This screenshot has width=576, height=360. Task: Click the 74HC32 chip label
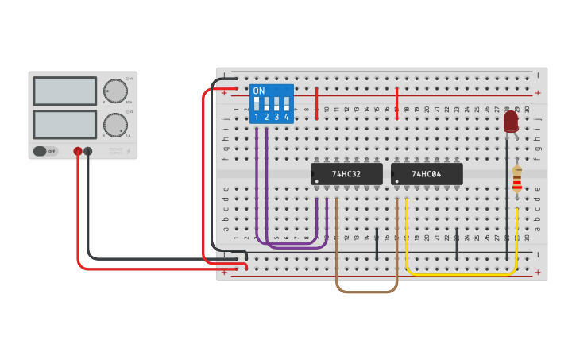coord(346,174)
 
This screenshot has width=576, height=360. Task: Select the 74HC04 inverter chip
coord(427,174)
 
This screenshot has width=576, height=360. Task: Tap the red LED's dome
coord(511,121)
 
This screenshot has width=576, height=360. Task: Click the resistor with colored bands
coord(517,180)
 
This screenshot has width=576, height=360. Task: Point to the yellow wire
coord(461,274)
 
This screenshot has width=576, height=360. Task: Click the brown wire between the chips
coord(366,292)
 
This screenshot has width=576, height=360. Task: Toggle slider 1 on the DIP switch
coord(257,104)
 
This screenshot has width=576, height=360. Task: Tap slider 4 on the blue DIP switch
coord(286,104)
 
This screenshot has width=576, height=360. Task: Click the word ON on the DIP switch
coord(259,91)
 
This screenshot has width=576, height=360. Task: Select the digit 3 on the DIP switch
coord(276,117)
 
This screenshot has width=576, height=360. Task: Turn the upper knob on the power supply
coord(115,91)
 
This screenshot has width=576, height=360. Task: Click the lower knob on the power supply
coord(114,125)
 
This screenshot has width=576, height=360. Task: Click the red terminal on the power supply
coord(78,151)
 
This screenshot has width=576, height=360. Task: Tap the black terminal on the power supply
coord(88,151)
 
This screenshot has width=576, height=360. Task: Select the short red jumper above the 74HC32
coord(317,104)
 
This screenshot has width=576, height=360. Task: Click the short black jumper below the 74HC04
coord(457,245)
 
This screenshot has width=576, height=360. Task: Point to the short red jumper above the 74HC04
coord(397,104)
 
